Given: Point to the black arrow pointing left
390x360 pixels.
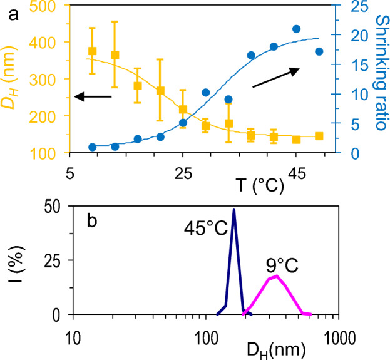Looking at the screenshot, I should pyautogui.click(x=92, y=96).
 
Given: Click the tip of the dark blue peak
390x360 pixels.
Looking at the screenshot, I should pyautogui.click(x=233, y=210).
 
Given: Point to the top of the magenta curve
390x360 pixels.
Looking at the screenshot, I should pyautogui.click(x=276, y=275).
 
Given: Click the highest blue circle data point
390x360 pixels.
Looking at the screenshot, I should pyautogui.click(x=297, y=29).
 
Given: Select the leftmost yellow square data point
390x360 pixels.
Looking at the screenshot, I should pyautogui.click(x=93, y=51).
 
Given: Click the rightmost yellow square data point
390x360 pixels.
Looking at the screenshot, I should pyautogui.click(x=319, y=136).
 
